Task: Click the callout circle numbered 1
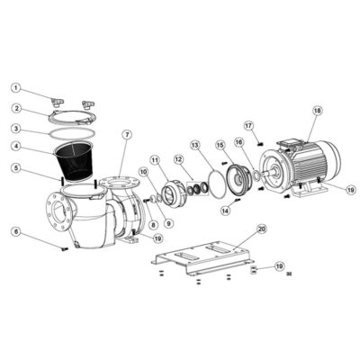(16, 88)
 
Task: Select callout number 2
(16, 108)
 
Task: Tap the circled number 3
(16, 128)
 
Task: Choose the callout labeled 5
(16, 167)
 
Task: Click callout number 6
(16, 231)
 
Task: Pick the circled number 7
(127, 135)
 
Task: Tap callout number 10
(144, 171)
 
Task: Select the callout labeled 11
(154, 160)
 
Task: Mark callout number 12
(178, 159)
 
